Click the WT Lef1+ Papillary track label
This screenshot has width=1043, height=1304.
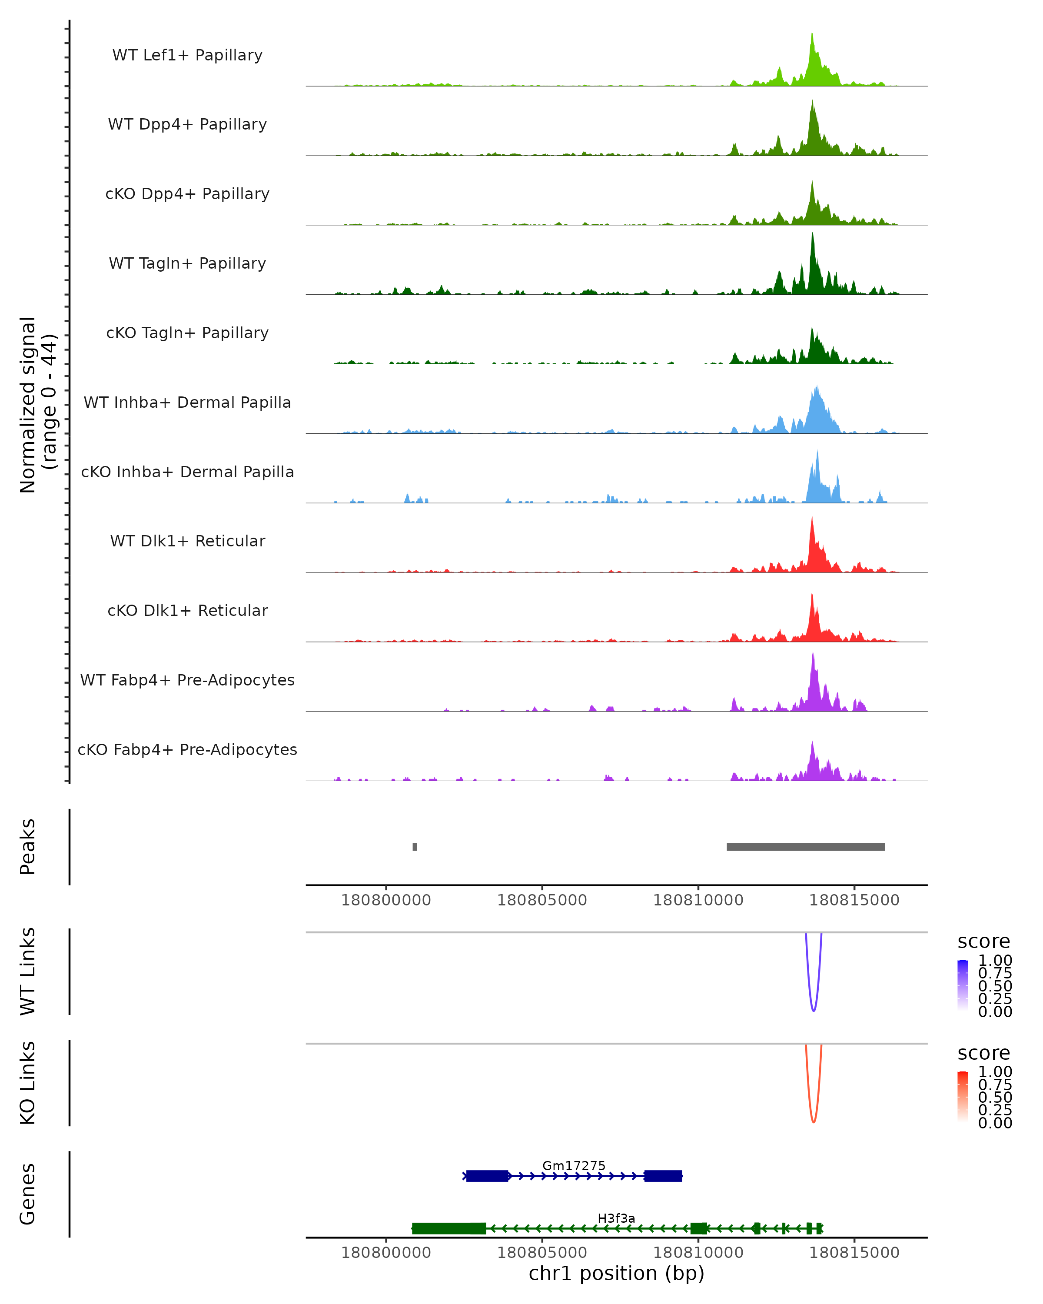click(187, 55)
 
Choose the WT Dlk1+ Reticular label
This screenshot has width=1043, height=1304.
click(187, 541)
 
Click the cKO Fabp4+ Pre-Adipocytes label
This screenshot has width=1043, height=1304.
click(187, 749)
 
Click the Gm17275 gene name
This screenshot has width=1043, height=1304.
click(573, 1165)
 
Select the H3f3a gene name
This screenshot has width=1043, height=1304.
click(616, 1218)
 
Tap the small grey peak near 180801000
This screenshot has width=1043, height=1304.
click(415, 847)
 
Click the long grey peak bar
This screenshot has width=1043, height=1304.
click(805, 847)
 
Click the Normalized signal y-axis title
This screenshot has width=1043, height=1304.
click(37, 405)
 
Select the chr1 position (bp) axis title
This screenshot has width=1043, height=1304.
click(616, 1273)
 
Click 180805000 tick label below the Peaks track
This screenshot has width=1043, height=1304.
click(542, 900)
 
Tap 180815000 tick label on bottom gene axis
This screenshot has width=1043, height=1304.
click(854, 1252)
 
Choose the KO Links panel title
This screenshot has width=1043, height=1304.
click(28, 1083)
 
